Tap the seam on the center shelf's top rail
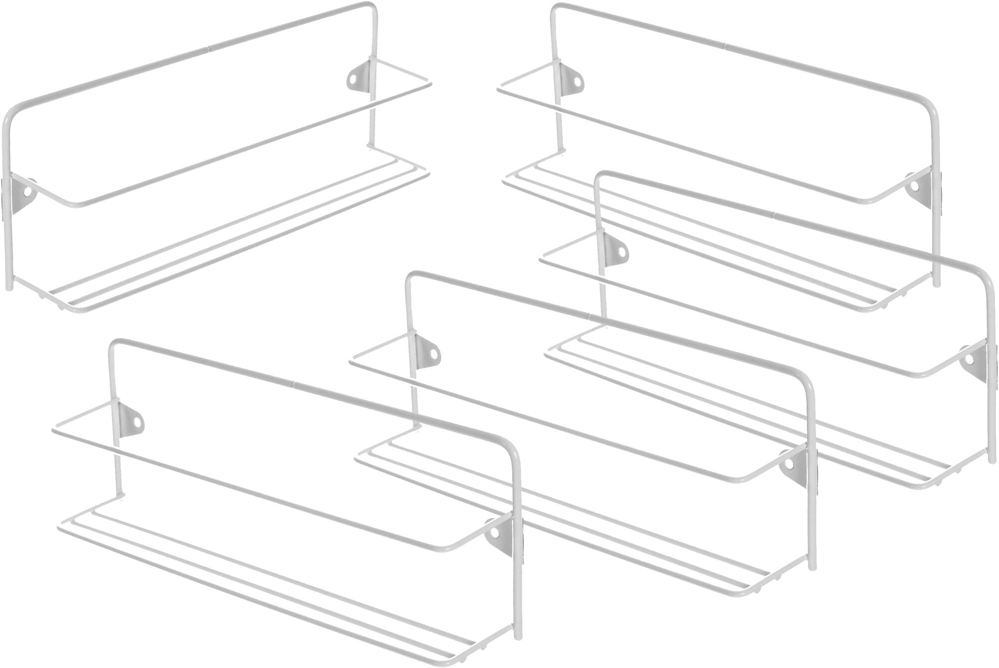[590, 315]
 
